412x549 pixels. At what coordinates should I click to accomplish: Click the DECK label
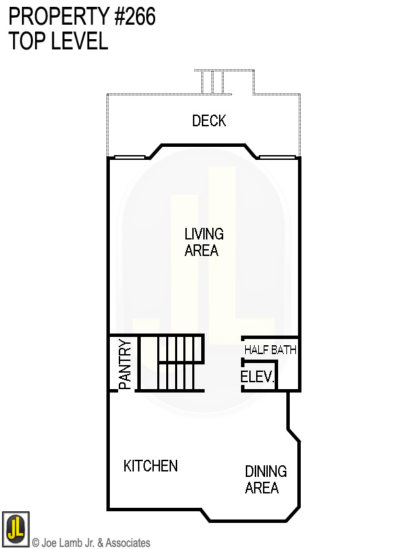pyautogui.click(x=209, y=121)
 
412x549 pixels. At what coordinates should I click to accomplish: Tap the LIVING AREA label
pyautogui.click(x=203, y=242)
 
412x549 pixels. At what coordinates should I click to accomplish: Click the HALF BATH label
pyautogui.click(x=271, y=350)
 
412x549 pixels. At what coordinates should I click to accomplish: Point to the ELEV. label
pyautogui.click(x=257, y=377)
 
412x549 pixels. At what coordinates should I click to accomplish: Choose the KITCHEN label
pyautogui.click(x=150, y=466)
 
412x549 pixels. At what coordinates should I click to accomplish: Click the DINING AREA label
pyautogui.click(x=266, y=480)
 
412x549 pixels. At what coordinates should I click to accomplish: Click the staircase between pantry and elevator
pyautogui.click(x=171, y=363)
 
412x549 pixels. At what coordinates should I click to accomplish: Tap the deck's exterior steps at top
pyautogui.click(x=224, y=81)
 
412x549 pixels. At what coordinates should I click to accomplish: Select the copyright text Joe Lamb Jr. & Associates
pyautogui.click(x=91, y=543)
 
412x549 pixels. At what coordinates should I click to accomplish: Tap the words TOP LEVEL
pyautogui.click(x=58, y=41)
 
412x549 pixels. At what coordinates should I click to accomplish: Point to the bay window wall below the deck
pyautogui.click(x=203, y=145)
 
